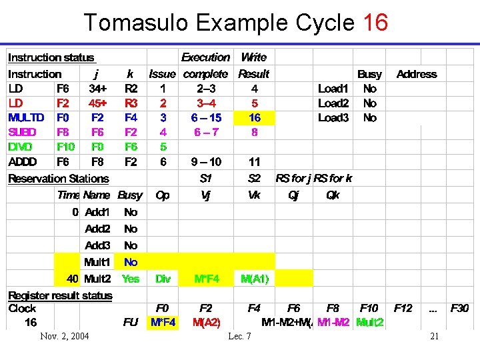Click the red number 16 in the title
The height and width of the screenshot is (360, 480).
(x=375, y=23)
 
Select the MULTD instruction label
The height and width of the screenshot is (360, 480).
(x=26, y=117)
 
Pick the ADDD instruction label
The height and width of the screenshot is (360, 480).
(x=23, y=161)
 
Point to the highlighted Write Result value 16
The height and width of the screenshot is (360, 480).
(x=254, y=117)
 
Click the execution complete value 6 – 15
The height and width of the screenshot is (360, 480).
(x=205, y=117)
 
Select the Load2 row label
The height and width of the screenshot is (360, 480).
(x=333, y=103)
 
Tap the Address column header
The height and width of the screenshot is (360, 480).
(x=417, y=74)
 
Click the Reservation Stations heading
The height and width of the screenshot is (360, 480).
(x=58, y=179)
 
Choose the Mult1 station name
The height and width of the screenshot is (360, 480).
(x=97, y=262)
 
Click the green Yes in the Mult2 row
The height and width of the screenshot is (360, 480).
(x=131, y=279)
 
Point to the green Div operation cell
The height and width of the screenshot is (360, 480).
(x=163, y=279)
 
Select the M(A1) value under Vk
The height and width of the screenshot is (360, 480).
(x=254, y=279)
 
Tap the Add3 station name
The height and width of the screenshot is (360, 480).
(x=97, y=245)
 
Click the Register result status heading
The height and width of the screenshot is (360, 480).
(x=60, y=295)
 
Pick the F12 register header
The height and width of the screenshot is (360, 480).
(x=403, y=308)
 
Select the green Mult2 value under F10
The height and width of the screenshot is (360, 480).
(x=369, y=323)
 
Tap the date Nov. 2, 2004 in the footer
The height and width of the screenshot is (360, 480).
(x=64, y=336)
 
